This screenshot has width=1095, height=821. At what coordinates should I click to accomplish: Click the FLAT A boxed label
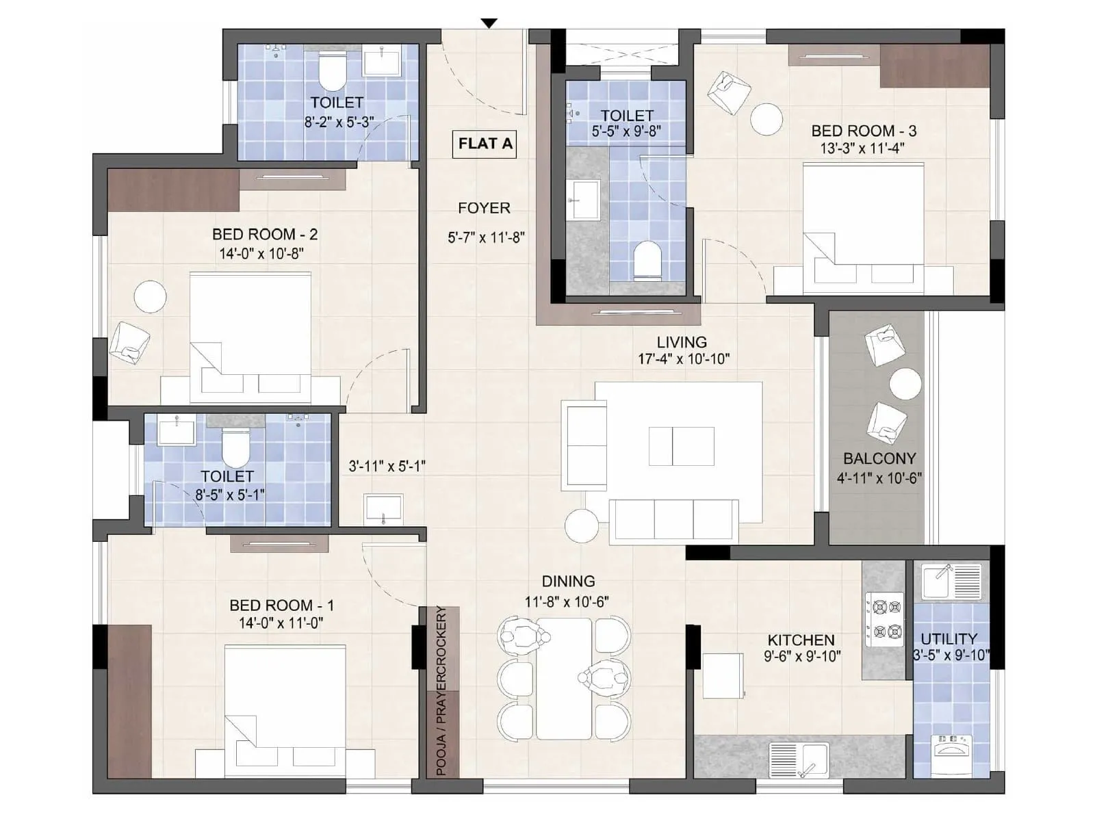click(485, 144)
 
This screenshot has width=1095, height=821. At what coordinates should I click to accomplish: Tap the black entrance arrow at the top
click(489, 23)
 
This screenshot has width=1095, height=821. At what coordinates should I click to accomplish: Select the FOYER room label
click(484, 208)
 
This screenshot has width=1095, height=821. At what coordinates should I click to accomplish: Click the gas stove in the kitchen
click(884, 619)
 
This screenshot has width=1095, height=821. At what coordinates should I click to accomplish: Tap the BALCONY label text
click(879, 458)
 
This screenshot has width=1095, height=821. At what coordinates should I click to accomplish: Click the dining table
click(563, 678)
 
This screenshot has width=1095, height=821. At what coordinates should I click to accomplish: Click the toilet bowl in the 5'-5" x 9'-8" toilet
click(647, 261)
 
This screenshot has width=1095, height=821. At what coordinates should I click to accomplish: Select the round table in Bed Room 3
click(766, 119)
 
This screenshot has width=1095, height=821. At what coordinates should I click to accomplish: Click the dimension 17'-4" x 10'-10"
click(683, 359)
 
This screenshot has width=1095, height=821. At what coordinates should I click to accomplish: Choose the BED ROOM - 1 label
click(281, 605)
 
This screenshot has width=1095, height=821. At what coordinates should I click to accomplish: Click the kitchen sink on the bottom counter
click(799, 759)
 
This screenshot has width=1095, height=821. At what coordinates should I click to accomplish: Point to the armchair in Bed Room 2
click(130, 342)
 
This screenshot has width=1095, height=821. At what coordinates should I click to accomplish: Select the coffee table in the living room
click(681, 446)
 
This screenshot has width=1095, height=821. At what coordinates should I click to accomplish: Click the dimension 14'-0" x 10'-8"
click(261, 253)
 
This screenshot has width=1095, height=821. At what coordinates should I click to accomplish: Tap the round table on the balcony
click(905, 385)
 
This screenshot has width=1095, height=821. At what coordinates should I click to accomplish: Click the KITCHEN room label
click(801, 640)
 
